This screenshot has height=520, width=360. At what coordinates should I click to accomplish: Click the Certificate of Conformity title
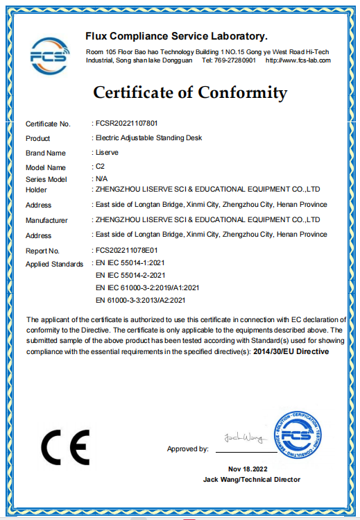(x=190, y=92)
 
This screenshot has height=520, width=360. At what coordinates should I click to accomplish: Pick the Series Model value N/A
(x=101, y=178)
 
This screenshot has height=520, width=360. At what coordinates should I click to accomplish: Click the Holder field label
(x=36, y=190)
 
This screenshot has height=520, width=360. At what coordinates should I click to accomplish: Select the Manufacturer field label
(x=46, y=220)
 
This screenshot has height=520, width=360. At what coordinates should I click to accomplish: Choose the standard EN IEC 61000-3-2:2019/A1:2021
(x=147, y=287)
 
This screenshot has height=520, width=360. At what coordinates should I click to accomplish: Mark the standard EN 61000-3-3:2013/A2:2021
(x=141, y=300)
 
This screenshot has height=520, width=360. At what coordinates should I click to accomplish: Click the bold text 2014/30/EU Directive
(x=292, y=352)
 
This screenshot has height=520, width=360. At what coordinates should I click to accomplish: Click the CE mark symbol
(x=65, y=447)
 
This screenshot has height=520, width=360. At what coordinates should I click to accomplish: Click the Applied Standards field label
(x=55, y=264)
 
